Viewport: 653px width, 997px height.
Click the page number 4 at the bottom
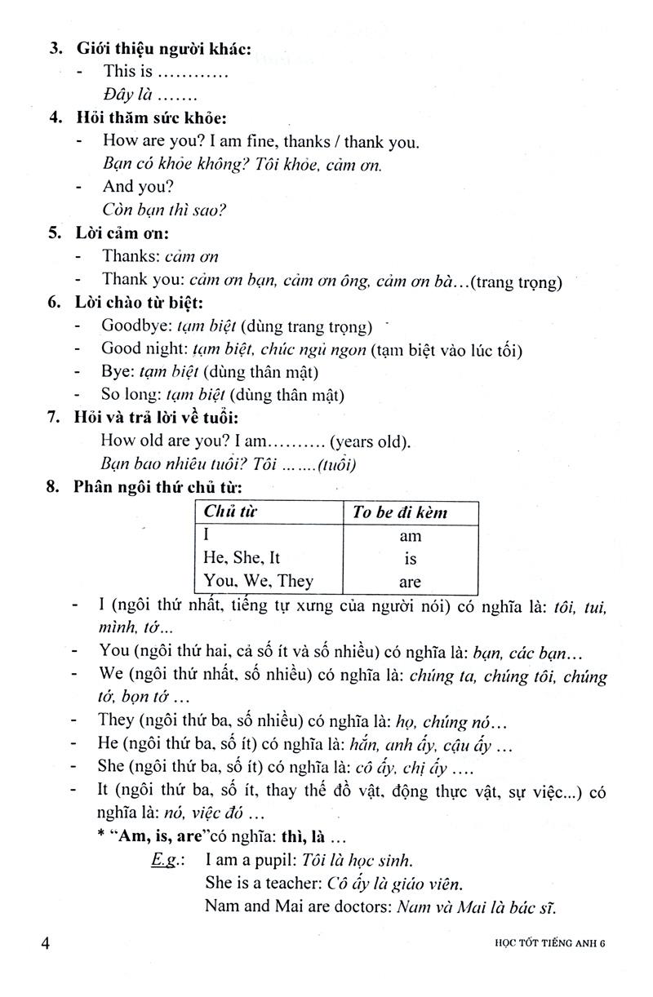pos(46,944)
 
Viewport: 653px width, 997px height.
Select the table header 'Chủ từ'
pos(225,512)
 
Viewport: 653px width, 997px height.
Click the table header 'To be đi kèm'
pos(400,512)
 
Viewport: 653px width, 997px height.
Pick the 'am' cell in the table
pos(410,536)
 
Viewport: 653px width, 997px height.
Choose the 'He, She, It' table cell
pos(241,558)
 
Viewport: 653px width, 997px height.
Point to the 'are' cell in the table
pos(410,582)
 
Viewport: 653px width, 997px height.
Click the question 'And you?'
pos(137,186)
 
